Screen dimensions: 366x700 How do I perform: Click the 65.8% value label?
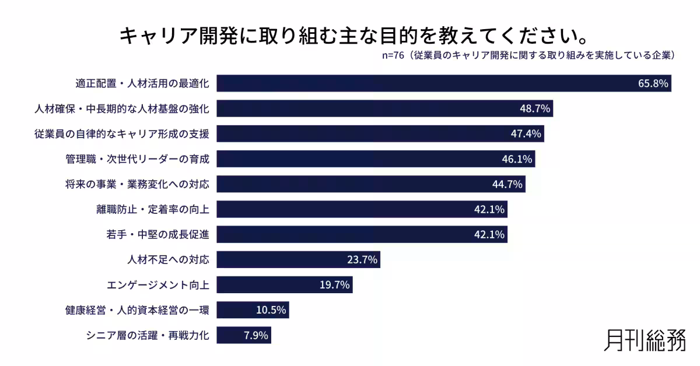click(652, 83)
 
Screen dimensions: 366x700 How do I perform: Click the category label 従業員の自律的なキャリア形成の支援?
click(122, 134)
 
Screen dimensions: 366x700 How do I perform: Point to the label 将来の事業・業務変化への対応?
click(137, 184)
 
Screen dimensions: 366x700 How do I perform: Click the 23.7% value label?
click(362, 260)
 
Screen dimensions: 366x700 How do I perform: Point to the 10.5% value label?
click(271, 310)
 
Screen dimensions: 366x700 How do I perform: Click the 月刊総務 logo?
click(645, 340)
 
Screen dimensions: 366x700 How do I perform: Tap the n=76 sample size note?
click(392, 56)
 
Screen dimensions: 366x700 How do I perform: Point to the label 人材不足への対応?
click(168, 260)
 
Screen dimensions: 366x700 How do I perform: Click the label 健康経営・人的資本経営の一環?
click(137, 310)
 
